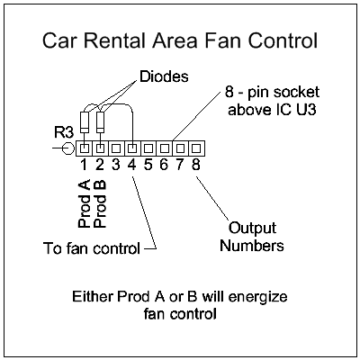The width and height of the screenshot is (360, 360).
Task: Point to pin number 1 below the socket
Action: [x=83, y=165]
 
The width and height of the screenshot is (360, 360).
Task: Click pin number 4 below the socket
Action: [x=132, y=165]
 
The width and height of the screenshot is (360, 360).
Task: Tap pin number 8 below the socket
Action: [x=196, y=165]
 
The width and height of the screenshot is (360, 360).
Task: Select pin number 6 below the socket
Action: [x=164, y=165]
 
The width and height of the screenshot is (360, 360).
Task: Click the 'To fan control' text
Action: [x=91, y=247]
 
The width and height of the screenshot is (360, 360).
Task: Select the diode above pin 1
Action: [x=85, y=121]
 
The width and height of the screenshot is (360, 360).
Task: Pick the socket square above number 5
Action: [x=148, y=147]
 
